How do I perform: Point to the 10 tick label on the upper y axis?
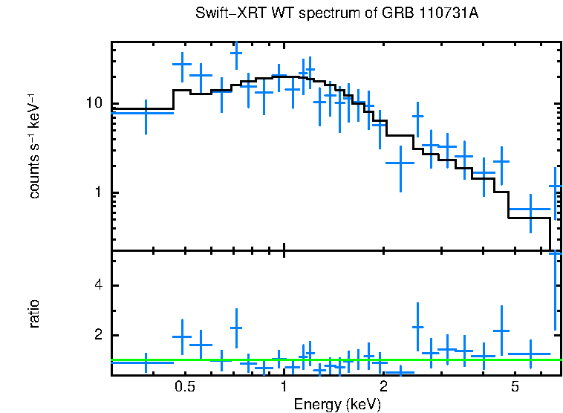[x=93, y=103]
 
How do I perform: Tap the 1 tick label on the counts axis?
[x=97, y=192]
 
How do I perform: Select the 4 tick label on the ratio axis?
[x=97, y=286]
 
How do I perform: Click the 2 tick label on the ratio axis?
[x=97, y=336]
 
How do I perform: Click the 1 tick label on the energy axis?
[x=284, y=387]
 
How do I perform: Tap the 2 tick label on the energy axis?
[x=383, y=387]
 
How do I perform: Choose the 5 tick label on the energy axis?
[x=515, y=387]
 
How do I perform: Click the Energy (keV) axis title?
[x=336, y=404]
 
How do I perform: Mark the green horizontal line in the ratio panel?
[x=334, y=360]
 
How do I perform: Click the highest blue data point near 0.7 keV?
[x=236, y=53]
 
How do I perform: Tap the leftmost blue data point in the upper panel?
[x=146, y=113]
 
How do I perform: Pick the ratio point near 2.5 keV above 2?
[x=418, y=327]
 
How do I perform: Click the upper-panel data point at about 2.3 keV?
[x=401, y=162]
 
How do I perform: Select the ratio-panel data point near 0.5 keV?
[x=183, y=336]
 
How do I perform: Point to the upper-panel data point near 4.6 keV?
[x=501, y=161]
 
